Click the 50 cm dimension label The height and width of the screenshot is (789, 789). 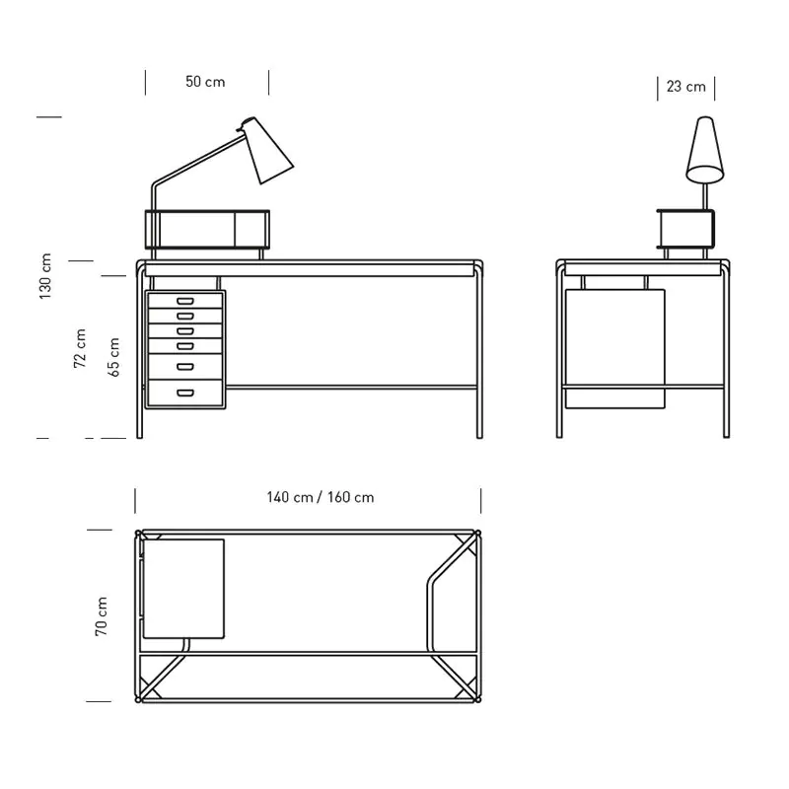[x=205, y=82]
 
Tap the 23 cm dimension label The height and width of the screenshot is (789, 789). [x=685, y=87]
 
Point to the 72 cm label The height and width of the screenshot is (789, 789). [x=80, y=348]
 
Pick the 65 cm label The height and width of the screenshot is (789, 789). [x=113, y=357]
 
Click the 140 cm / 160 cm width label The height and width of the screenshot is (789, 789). [x=320, y=497]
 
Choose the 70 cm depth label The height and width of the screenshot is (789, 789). [x=101, y=616]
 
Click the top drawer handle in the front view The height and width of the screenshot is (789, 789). [x=184, y=300]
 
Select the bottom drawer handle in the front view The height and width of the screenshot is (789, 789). [x=184, y=393]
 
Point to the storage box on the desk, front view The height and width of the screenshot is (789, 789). [x=207, y=228]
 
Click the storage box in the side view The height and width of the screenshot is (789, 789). [x=685, y=229]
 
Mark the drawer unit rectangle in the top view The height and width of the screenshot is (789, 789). [x=184, y=588]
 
